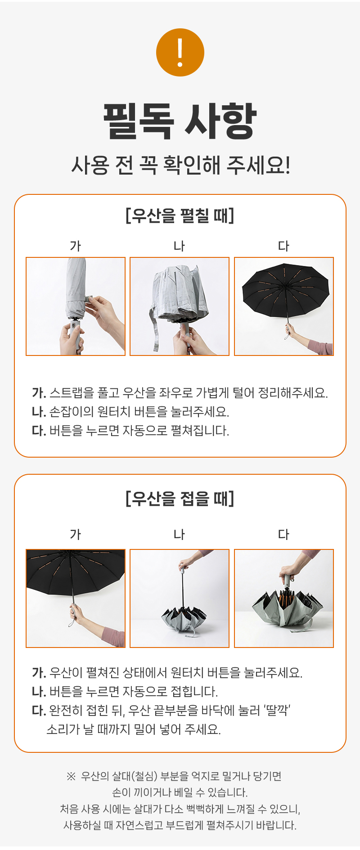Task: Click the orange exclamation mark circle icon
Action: [x=180, y=52]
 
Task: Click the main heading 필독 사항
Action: [x=180, y=121]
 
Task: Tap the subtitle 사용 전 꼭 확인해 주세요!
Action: [x=180, y=165]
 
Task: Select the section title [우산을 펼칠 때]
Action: [x=180, y=216]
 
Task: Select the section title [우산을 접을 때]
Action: [x=180, y=499]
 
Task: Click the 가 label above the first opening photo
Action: [x=76, y=246]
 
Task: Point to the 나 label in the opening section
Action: [x=180, y=246]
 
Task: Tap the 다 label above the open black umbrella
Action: [x=284, y=246]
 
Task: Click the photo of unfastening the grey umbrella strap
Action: [x=76, y=306]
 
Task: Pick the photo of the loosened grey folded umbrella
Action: [x=180, y=306]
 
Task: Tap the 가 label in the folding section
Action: [x=76, y=535]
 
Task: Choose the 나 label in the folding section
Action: [x=180, y=535]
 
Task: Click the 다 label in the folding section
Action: [x=284, y=535]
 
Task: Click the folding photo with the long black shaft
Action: [x=180, y=598]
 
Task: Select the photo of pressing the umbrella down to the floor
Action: [x=284, y=598]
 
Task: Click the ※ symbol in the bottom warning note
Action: [x=71, y=776]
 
